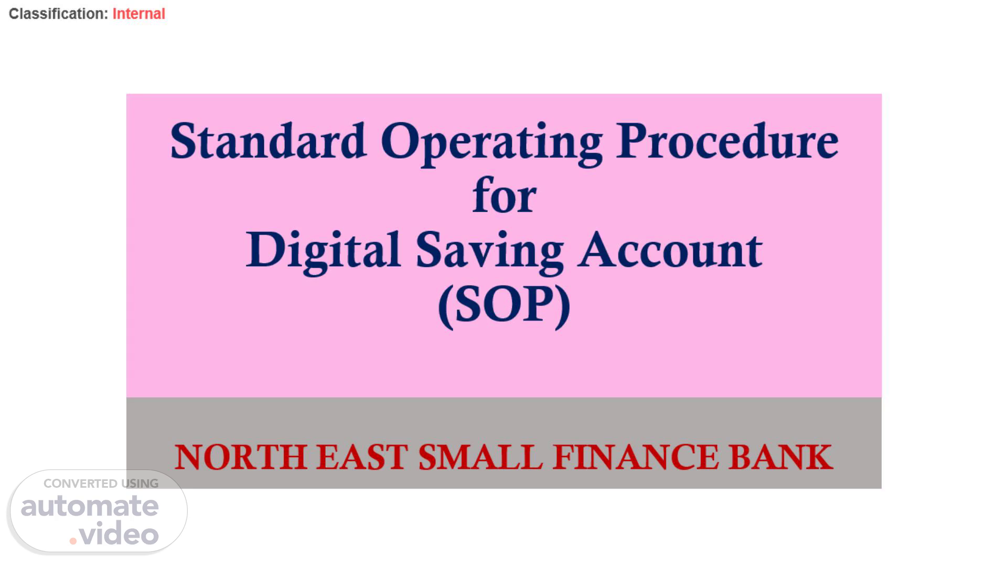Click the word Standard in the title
click(x=268, y=141)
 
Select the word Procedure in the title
click(x=727, y=141)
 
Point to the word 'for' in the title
click(x=504, y=195)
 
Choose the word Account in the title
click(x=670, y=250)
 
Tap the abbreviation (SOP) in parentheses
click(x=504, y=306)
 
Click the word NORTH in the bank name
click(x=240, y=457)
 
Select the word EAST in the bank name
click(x=362, y=457)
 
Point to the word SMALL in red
click(x=480, y=457)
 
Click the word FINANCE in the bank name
click(x=635, y=457)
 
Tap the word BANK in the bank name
click(x=780, y=457)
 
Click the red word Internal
click(x=139, y=14)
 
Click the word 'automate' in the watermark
click(x=90, y=506)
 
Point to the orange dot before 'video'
click(x=73, y=541)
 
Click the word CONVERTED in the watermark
click(x=80, y=484)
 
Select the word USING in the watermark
click(x=140, y=484)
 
